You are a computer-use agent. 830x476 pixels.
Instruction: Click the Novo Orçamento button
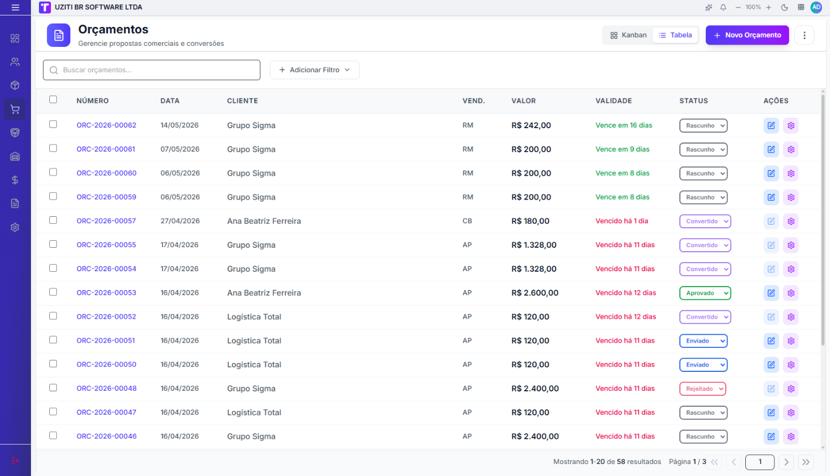(747, 35)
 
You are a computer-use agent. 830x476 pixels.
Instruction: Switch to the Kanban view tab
(628, 35)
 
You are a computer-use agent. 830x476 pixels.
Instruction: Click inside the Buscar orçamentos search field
(152, 70)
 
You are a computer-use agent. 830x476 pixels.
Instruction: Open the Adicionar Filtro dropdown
(314, 70)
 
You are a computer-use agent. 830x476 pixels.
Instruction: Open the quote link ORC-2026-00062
(107, 125)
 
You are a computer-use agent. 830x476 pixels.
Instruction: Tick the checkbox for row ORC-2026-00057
(53, 220)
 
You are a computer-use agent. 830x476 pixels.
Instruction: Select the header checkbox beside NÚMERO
(53, 100)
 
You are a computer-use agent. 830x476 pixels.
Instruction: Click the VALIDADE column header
(613, 101)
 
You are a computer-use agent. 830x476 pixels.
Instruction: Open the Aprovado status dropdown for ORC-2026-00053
(705, 293)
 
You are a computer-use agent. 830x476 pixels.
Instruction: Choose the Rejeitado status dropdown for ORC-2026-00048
(702, 388)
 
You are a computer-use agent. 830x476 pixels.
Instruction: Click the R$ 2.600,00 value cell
(534, 293)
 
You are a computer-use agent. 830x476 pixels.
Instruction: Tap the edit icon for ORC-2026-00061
(771, 149)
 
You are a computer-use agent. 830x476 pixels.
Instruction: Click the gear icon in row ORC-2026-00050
(790, 364)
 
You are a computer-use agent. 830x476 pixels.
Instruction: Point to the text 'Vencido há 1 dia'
(621, 221)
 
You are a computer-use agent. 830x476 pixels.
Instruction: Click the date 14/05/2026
(179, 125)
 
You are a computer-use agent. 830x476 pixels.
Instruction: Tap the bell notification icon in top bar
(723, 7)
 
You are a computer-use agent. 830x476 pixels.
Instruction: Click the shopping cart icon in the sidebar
(15, 109)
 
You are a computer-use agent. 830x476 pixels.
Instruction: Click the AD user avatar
(816, 7)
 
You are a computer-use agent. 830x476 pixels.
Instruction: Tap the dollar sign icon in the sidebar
(15, 180)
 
